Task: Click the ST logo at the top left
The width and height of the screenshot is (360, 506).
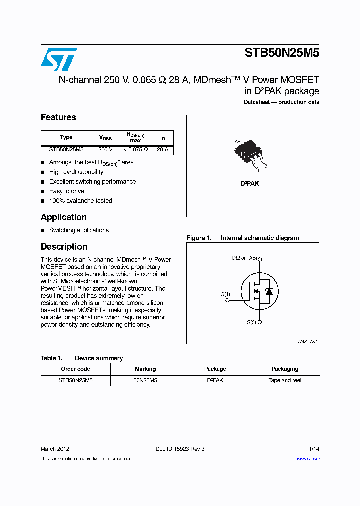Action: pyautogui.click(x=59, y=59)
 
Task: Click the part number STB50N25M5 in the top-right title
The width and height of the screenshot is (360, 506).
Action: pyautogui.click(x=282, y=53)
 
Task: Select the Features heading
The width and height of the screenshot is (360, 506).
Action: pyautogui.click(x=58, y=117)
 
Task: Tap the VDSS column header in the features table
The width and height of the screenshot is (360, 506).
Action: pyautogui.click(x=105, y=137)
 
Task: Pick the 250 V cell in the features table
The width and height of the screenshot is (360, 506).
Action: pyautogui.click(x=105, y=149)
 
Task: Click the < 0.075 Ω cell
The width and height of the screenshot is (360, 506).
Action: pyautogui.click(x=135, y=149)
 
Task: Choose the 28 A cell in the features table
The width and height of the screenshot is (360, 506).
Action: pyautogui.click(x=162, y=149)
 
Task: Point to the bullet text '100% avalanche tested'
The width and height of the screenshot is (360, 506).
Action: pyautogui.click(x=80, y=201)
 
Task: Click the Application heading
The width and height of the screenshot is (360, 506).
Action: pyautogui.click(x=64, y=217)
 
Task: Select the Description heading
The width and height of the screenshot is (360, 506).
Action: pyautogui.click(x=64, y=247)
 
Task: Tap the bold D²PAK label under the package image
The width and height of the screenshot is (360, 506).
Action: pyautogui.click(x=250, y=184)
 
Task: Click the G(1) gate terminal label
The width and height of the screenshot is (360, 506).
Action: pyautogui.click(x=225, y=294)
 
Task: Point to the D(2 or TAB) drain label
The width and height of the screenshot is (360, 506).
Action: pyautogui.click(x=244, y=258)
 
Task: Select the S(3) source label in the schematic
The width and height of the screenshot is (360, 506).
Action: pyautogui.click(x=251, y=322)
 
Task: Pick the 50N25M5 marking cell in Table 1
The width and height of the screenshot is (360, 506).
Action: pyautogui.click(x=145, y=380)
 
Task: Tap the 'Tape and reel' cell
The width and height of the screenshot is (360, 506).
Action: pyautogui.click(x=285, y=380)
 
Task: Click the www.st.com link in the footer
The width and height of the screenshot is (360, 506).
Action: pyautogui.click(x=308, y=458)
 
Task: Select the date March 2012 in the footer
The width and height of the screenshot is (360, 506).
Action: pyautogui.click(x=55, y=449)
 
